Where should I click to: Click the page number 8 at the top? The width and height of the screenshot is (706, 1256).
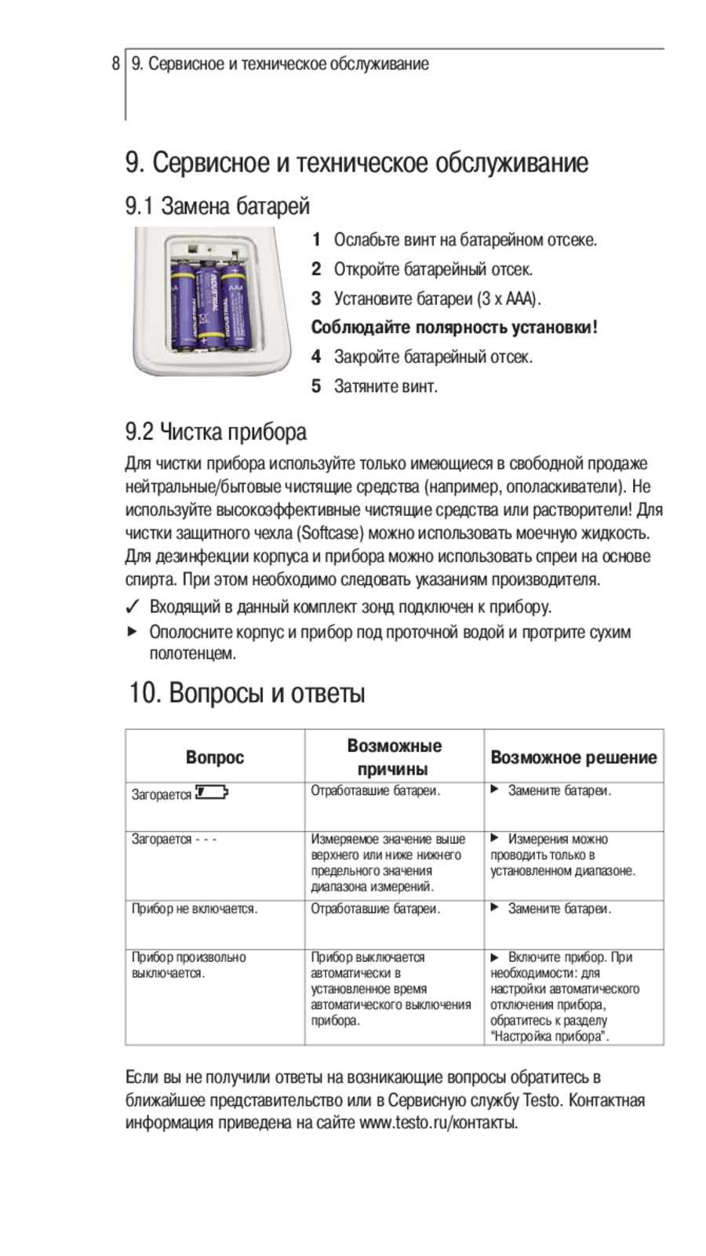click(116, 64)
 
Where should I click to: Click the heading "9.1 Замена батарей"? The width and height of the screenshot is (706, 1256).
click(217, 206)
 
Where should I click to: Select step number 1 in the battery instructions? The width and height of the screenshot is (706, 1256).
click(316, 240)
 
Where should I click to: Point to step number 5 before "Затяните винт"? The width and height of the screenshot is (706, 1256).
click(316, 386)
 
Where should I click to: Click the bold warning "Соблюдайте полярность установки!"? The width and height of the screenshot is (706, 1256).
click(454, 328)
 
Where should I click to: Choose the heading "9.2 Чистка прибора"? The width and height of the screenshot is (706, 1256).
click(216, 431)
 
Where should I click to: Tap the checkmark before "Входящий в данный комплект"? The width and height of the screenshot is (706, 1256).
click(133, 608)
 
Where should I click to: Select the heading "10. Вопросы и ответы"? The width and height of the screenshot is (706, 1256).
click(247, 694)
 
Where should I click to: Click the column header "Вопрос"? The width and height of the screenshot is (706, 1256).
click(215, 757)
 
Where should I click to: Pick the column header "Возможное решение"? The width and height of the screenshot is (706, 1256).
click(573, 757)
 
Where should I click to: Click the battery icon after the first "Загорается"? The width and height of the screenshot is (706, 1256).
click(211, 792)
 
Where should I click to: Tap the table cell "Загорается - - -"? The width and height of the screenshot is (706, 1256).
click(174, 840)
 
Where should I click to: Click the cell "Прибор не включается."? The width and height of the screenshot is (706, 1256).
click(195, 909)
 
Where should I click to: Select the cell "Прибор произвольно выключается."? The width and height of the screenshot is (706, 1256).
click(188, 965)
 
